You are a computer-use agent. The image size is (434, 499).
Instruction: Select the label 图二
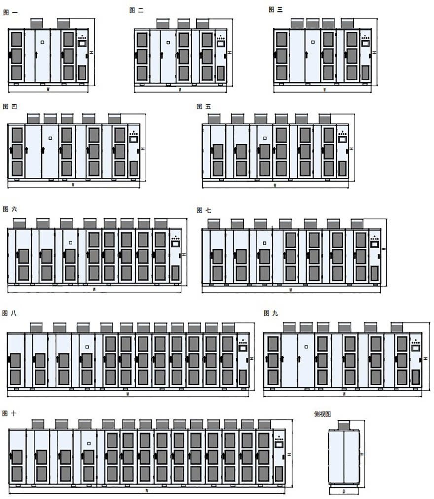(x=136, y=10)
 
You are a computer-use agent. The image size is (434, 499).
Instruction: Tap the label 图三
(x=275, y=10)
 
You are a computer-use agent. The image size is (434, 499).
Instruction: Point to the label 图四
(x=10, y=107)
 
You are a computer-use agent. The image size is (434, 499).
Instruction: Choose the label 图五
(x=203, y=107)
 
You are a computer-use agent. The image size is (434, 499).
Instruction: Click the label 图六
(x=10, y=209)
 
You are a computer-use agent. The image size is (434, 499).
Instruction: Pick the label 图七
(x=204, y=210)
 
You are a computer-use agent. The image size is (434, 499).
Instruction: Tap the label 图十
(x=9, y=413)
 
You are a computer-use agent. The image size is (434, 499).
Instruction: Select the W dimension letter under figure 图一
(x=48, y=90)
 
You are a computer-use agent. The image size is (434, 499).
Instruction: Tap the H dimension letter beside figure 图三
(x=374, y=52)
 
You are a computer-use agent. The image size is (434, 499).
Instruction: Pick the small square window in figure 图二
(x=168, y=42)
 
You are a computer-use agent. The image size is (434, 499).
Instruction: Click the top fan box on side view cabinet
(x=344, y=425)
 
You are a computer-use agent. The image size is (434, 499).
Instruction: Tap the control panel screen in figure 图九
(x=415, y=347)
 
